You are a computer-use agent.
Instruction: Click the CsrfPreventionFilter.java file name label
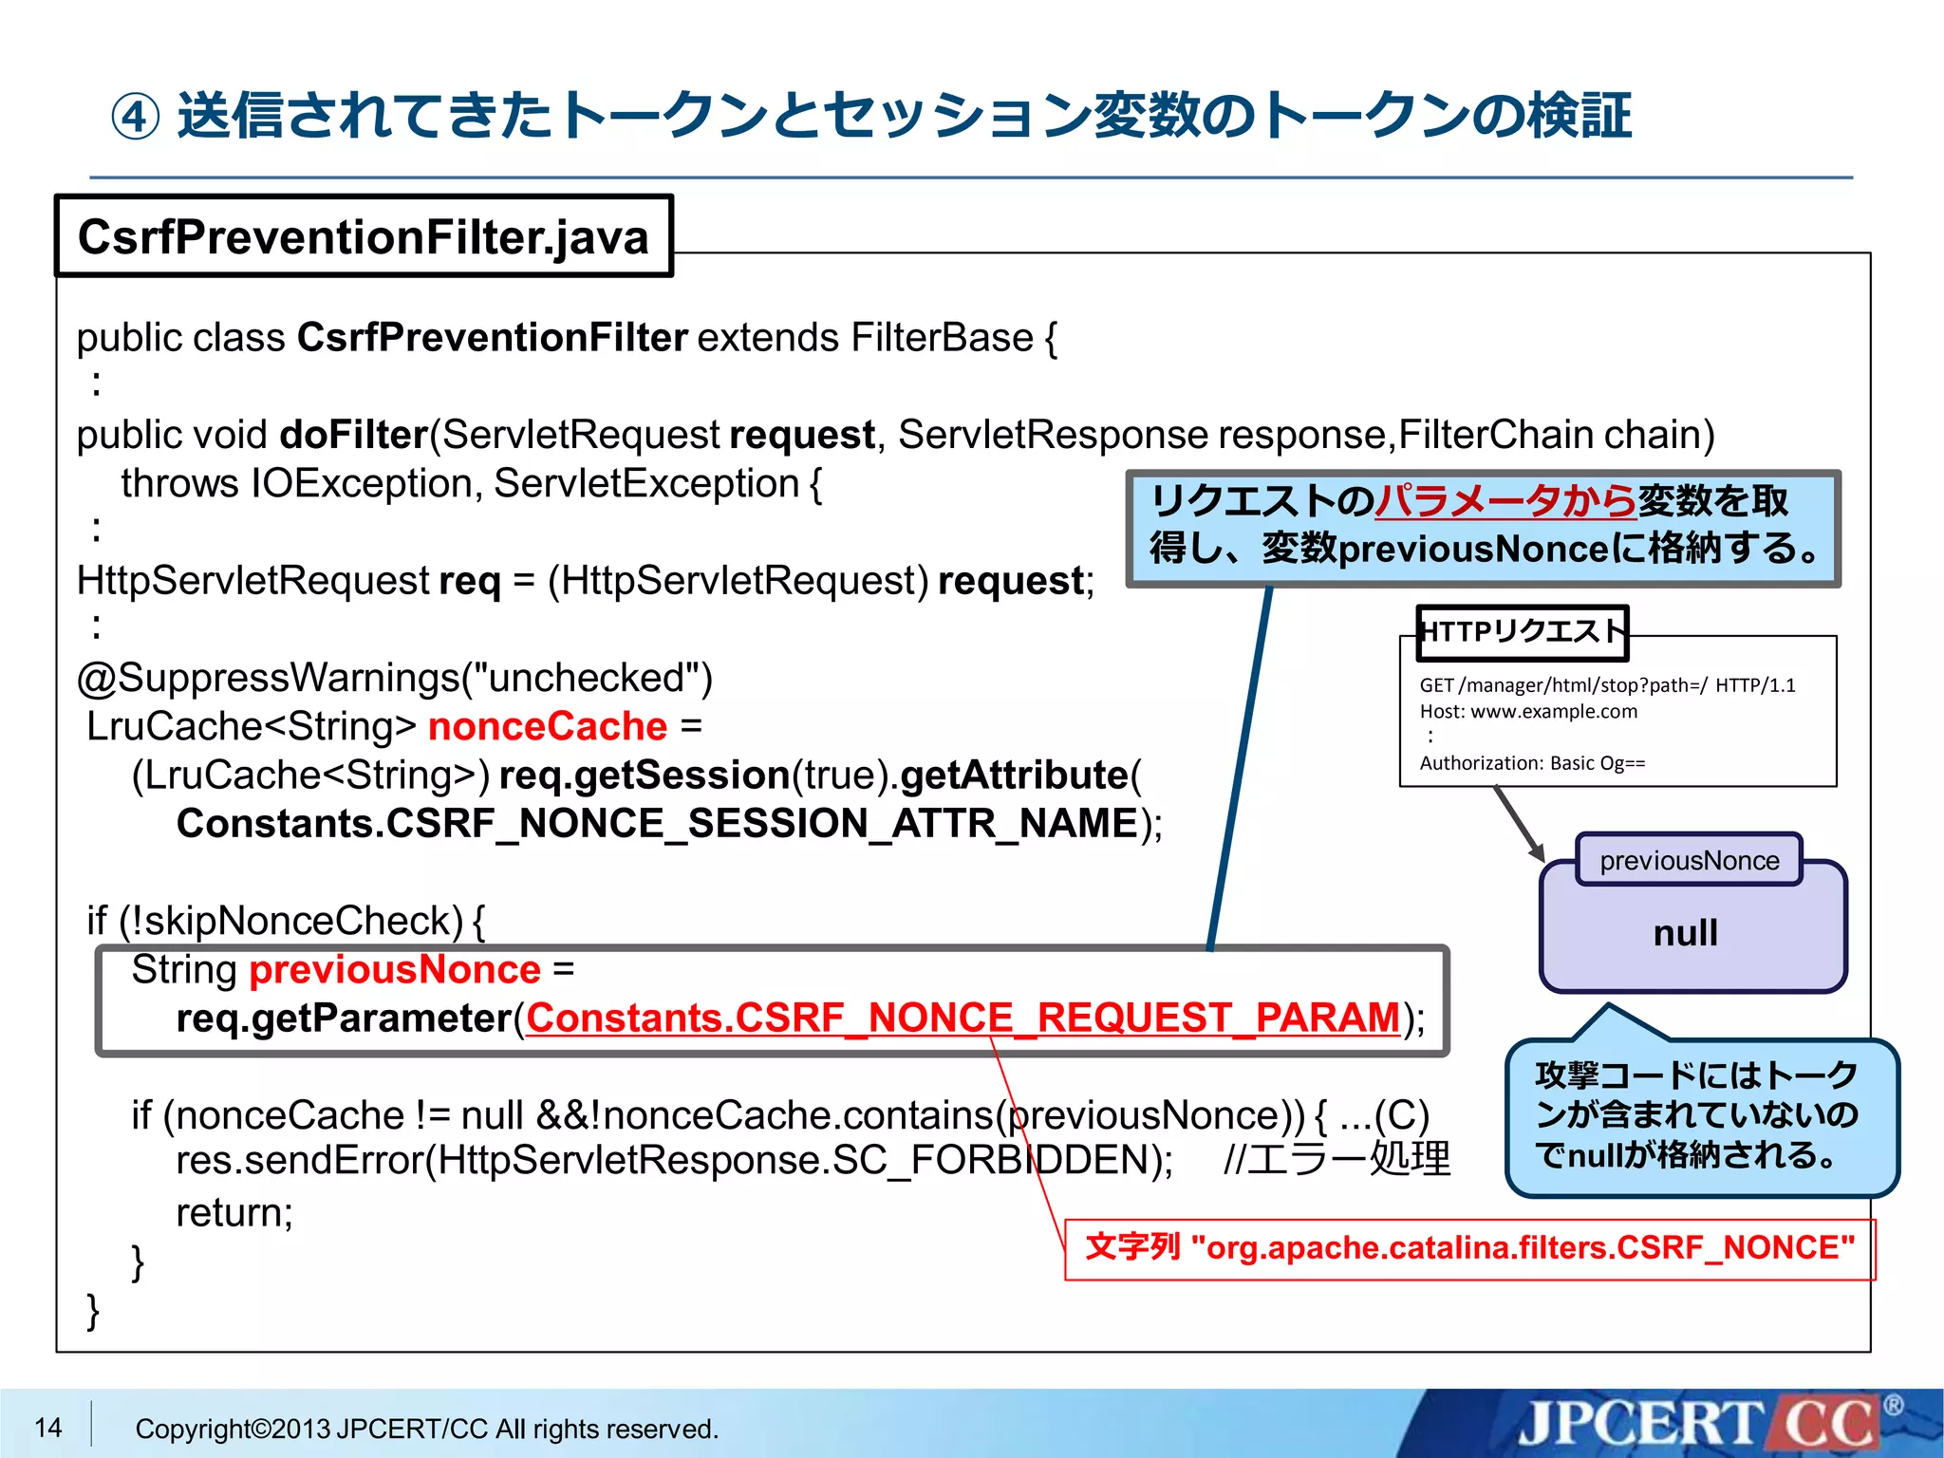tap(364, 236)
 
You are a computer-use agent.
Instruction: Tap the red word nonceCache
tap(548, 726)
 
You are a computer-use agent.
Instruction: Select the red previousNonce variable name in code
tap(395, 969)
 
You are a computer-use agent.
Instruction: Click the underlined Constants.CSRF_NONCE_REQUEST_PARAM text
tap(963, 1018)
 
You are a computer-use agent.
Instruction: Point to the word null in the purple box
tap(1685, 932)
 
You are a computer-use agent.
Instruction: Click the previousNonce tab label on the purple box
tap(1689, 860)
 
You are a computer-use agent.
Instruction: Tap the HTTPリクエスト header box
tap(1522, 632)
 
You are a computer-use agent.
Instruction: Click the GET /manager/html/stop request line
tap(1606, 685)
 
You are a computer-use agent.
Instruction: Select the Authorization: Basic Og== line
tap(1532, 763)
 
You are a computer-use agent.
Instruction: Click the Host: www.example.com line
tap(1528, 711)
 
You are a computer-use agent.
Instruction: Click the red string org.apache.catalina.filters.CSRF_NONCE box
tap(1469, 1248)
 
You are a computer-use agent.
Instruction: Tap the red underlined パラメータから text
tap(1505, 501)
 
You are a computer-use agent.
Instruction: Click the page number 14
tap(47, 1427)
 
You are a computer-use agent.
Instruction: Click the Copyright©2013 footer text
tap(426, 1429)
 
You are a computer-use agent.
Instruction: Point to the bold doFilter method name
tap(353, 435)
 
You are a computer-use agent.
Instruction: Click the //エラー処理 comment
tap(1336, 1160)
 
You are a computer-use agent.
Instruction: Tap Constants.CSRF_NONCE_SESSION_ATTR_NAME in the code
tap(657, 823)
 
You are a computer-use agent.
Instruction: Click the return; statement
tap(234, 1212)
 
